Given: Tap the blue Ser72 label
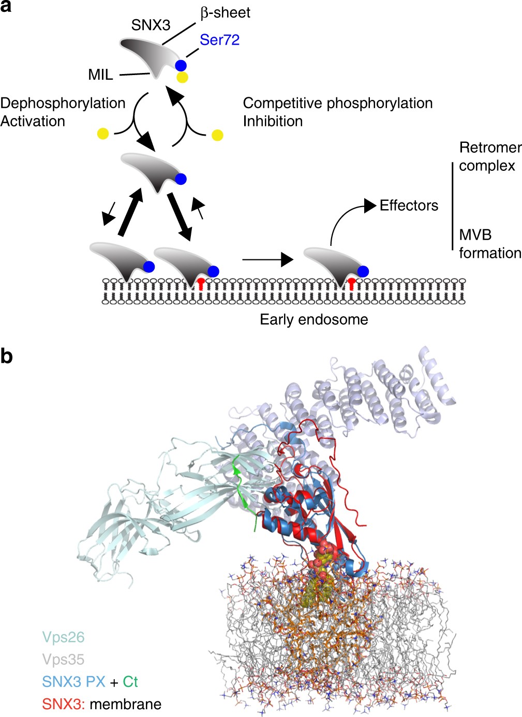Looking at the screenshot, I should [219, 40].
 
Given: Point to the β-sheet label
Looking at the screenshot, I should [225, 12].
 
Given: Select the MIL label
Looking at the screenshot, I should [100, 75].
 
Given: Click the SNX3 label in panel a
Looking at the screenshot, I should [151, 25].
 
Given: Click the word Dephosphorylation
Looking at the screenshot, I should [63, 103].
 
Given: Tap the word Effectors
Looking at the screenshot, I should [409, 206].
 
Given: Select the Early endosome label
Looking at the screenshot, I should [314, 319].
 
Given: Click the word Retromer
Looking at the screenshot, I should [490, 148].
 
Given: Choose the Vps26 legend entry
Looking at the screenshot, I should [63, 637].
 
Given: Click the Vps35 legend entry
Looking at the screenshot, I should [63, 660].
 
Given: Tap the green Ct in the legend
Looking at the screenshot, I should [130, 682].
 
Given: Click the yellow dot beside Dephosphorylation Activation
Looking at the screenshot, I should [103, 134].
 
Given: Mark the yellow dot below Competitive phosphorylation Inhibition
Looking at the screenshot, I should [217, 135].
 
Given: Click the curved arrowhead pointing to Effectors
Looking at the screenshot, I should [369, 206].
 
